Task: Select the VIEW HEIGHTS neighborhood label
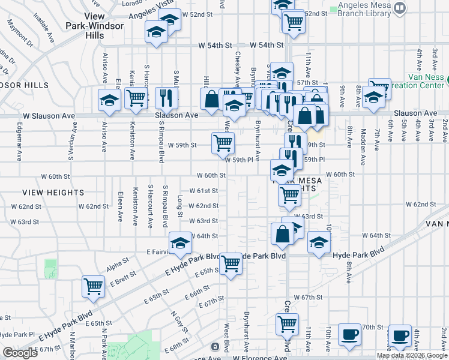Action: (53, 193)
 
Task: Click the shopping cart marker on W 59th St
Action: (223, 143)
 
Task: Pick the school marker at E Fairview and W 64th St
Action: (179, 243)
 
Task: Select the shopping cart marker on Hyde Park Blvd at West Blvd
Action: (231, 263)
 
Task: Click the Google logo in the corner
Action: (20, 353)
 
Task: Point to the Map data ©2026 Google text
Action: (411, 355)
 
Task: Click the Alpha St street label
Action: (118, 262)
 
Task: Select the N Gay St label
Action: (176, 322)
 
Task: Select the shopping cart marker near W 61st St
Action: (289, 194)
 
